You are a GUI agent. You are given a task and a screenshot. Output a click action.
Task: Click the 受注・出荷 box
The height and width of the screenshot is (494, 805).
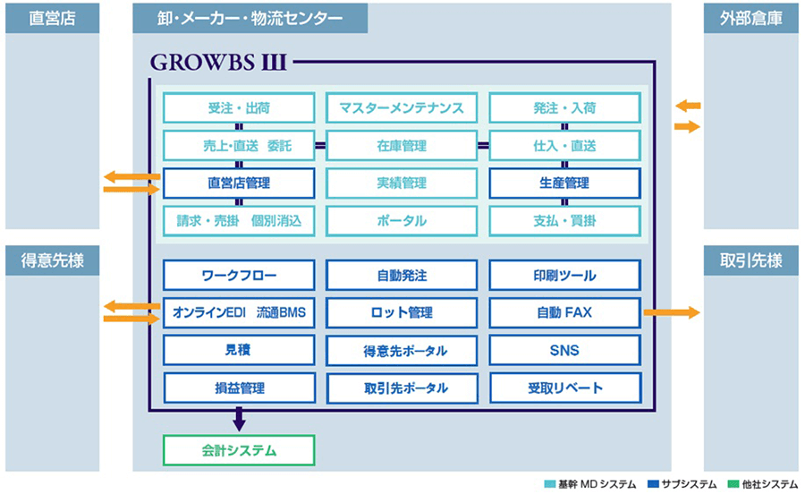pyautogui.click(x=239, y=107)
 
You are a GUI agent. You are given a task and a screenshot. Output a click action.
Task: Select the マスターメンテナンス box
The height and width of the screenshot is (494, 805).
pyautogui.click(x=402, y=107)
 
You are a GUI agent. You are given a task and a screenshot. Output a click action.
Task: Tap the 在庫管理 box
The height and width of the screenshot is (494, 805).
pyautogui.click(x=402, y=146)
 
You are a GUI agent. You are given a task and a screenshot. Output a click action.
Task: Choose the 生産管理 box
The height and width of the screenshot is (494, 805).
pyautogui.click(x=564, y=183)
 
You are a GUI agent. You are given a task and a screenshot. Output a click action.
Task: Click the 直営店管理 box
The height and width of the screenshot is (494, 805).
pyautogui.click(x=239, y=183)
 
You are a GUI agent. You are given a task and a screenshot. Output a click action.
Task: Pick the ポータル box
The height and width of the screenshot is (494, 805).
pyautogui.click(x=402, y=221)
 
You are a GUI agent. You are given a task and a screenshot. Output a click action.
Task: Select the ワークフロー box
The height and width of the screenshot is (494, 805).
pyautogui.click(x=239, y=276)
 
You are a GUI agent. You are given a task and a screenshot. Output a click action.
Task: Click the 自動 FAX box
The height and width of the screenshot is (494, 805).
pyautogui.click(x=564, y=312)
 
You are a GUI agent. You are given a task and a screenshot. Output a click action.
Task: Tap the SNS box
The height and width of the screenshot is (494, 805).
pyautogui.click(x=564, y=350)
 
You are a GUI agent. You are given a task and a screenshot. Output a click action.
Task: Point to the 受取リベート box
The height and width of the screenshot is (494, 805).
pyautogui.click(x=564, y=388)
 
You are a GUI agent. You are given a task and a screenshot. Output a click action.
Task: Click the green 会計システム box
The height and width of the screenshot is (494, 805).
pyautogui.click(x=239, y=450)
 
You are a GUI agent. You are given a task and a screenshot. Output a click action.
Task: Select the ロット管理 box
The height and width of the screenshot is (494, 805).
pyautogui.click(x=402, y=312)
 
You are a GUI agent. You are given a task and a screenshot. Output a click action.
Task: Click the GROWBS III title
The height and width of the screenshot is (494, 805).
pyautogui.click(x=218, y=63)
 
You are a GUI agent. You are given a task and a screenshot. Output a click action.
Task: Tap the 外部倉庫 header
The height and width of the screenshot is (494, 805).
pyautogui.click(x=751, y=19)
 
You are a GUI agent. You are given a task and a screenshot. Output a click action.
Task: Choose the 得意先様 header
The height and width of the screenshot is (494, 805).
pyautogui.click(x=53, y=260)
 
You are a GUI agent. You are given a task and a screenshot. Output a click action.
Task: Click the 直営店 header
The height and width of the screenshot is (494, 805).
pyautogui.click(x=53, y=19)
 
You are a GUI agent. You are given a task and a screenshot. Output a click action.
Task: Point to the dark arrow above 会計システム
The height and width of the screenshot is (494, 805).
pyautogui.click(x=239, y=419)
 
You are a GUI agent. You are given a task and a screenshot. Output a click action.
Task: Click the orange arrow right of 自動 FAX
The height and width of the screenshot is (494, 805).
pyautogui.click(x=672, y=312)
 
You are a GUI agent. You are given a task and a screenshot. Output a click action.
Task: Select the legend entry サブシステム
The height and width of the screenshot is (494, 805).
pyautogui.click(x=682, y=484)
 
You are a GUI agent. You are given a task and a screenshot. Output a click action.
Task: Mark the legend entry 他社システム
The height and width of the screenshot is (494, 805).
pyautogui.click(x=763, y=484)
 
